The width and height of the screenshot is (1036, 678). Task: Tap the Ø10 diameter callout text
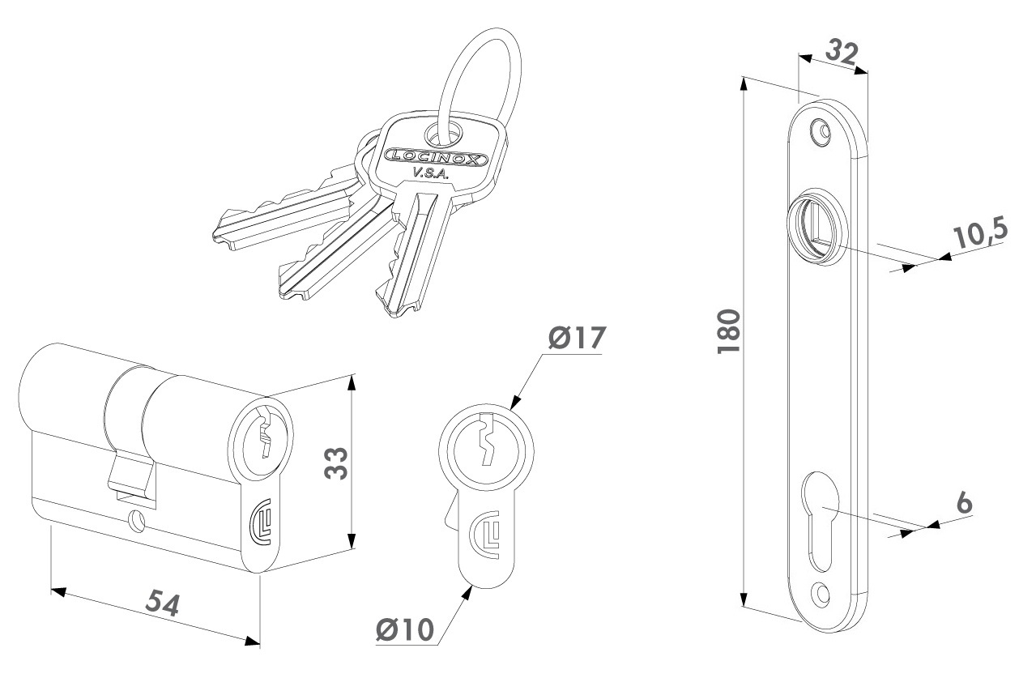tap(406, 629)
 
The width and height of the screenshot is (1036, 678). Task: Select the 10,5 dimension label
tap(979, 234)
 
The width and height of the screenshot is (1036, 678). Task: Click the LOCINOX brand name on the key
tap(437, 157)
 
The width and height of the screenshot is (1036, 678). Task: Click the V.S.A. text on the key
tap(425, 173)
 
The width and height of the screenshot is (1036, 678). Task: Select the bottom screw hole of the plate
tap(823, 594)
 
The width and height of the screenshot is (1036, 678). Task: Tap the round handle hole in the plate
tap(813, 223)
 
